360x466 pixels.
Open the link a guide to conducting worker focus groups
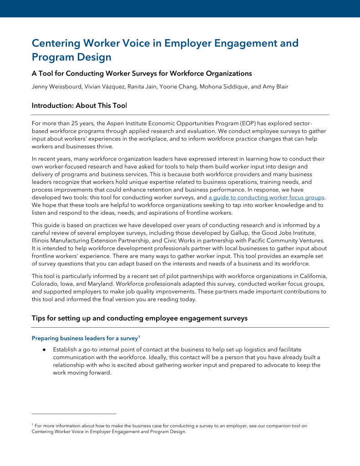tap(266, 198)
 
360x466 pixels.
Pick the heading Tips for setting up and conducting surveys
tap(139, 319)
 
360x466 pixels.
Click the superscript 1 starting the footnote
tap(33, 425)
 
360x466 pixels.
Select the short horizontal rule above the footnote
tap(74, 414)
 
